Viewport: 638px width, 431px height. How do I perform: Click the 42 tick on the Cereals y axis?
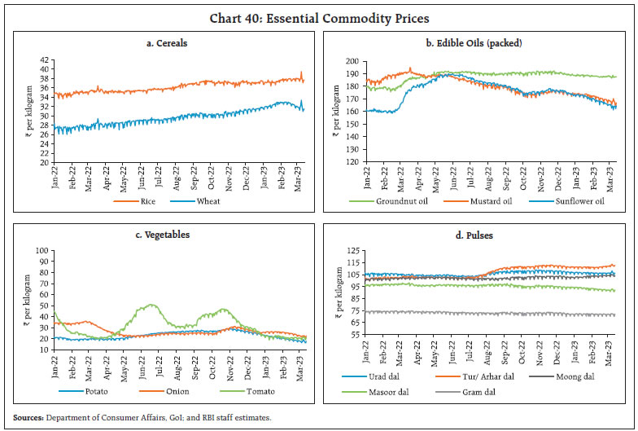coord(45,60)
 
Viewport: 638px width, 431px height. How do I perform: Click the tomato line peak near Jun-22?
coord(150,306)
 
